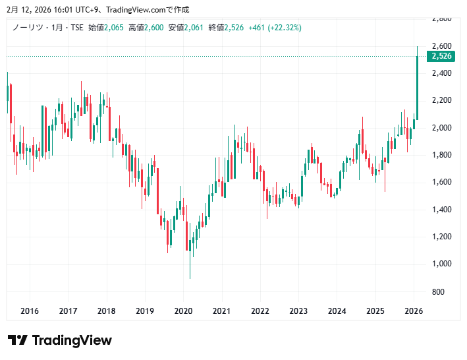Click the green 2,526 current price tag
coord(441,56)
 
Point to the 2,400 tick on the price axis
coord(441,73)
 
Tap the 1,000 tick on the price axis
coord(441,264)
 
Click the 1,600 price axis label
coord(441,182)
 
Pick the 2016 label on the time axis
coord(30,311)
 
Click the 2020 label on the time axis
coord(183,311)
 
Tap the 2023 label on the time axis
coord(298,311)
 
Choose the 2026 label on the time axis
coord(414,311)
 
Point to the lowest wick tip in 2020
coord(190,278)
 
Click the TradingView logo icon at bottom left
coord(17,340)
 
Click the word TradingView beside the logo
coord(72,340)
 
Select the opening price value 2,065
coord(115,27)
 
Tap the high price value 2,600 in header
coord(155,27)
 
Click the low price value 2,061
coord(195,27)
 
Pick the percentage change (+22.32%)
coord(284,27)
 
